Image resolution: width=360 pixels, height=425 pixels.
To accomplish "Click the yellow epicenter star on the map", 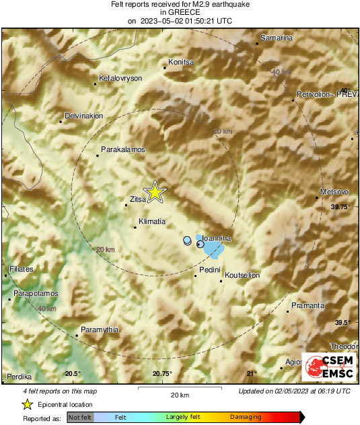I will [x=155, y=192].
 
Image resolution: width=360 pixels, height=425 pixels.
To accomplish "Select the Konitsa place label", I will [x=180, y=62].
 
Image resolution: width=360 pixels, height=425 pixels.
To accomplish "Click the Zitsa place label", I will [x=138, y=198].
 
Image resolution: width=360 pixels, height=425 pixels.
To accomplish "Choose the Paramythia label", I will [x=100, y=329].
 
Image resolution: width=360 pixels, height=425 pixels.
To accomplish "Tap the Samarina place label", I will [x=277, y=38].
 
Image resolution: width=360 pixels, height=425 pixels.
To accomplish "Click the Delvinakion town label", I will [x=83, y=116].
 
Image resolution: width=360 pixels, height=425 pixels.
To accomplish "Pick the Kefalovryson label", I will [x=120, y=78].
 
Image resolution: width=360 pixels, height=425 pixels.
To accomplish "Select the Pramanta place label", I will [x=308, y=305].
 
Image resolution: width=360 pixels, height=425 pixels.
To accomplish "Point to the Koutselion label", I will [x=242, y=275].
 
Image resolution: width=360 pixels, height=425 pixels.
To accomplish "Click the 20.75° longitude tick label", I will [x=162, y=374].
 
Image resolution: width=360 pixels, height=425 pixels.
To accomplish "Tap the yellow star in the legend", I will [x=28, y=405].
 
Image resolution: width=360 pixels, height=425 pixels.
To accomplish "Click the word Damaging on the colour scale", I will [x=246, y=418].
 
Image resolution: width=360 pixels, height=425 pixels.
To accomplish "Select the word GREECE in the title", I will [x=180, y=12].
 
